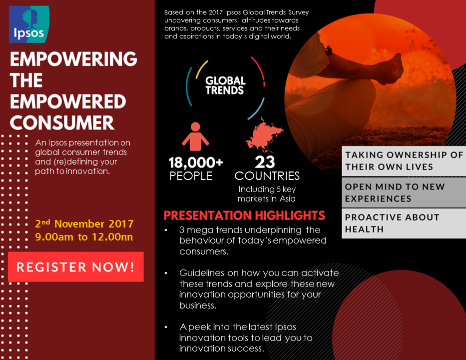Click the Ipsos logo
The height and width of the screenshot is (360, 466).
[29, 24]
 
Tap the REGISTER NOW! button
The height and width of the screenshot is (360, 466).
[75, 267]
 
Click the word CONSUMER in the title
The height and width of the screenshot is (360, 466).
[62, 122]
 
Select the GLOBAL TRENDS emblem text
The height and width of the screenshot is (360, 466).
[225, 85]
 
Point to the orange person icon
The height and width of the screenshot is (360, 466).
[195, 136]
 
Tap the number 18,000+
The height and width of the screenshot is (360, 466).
[196, 163]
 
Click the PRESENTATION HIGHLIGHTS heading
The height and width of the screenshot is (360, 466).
[244, 216]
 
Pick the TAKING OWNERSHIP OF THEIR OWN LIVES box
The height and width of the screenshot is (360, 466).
[404, 160]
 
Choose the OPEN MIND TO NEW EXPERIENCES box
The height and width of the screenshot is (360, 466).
[404, 192]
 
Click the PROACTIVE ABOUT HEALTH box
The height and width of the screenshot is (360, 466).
[404, 223]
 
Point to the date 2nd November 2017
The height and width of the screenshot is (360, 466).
[84, 223]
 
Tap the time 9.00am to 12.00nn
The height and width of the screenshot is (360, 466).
[84, 237]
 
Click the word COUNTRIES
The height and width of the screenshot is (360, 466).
[267, 176]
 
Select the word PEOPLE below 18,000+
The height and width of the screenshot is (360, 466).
[191, 176]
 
